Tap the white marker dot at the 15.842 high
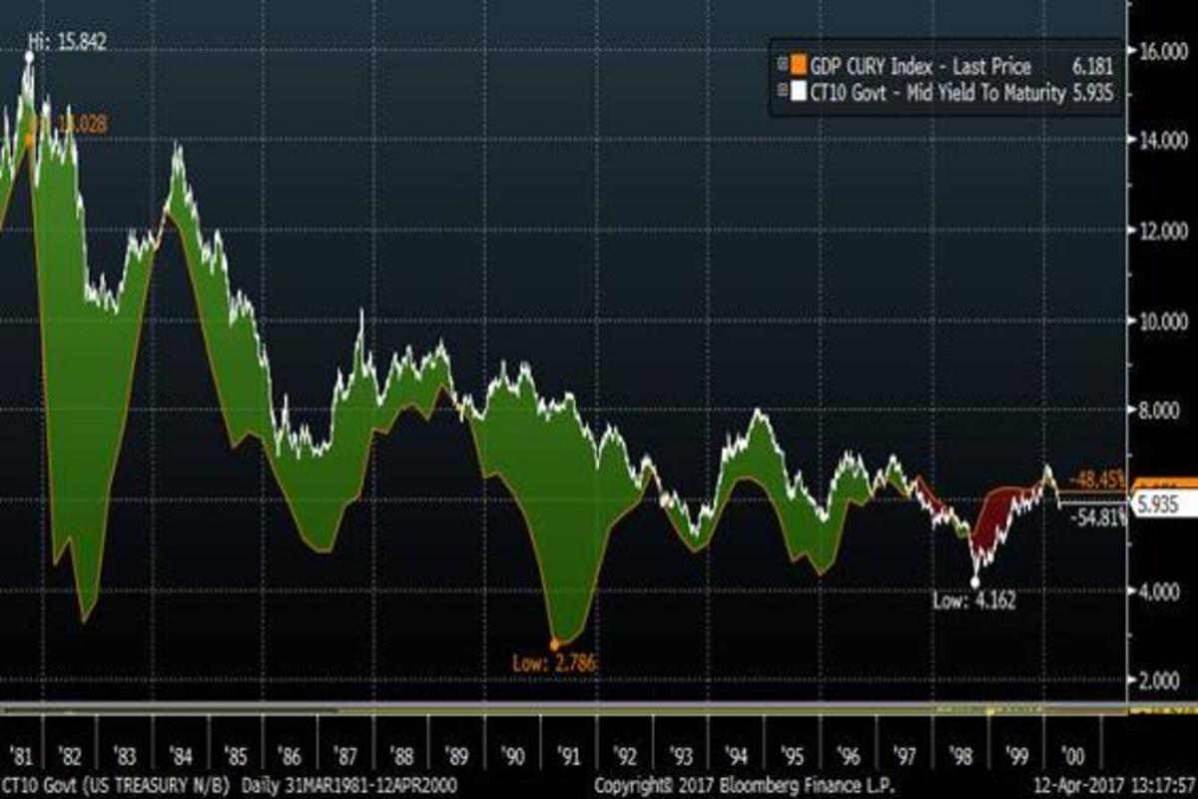(29, 57)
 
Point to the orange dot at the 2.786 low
(555, 645)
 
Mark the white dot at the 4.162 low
(975, 582)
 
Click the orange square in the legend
(797, 66)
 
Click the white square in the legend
(797, 93)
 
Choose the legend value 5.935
(1089, 93)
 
